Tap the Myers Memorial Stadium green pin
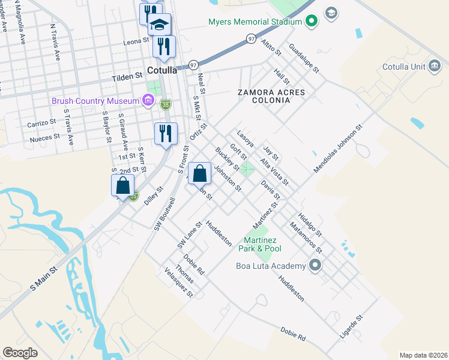[310, 23]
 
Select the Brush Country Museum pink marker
[148, 101]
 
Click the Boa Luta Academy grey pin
[315, 265]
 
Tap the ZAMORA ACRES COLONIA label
[271, 97]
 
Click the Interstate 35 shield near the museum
[166, 105]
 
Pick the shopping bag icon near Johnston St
[200, 173]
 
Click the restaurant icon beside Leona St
[164, 46]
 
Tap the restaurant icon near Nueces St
[165, 133]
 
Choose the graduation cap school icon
[159, 25]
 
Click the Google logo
[20, 353]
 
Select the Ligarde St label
[351, 327]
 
